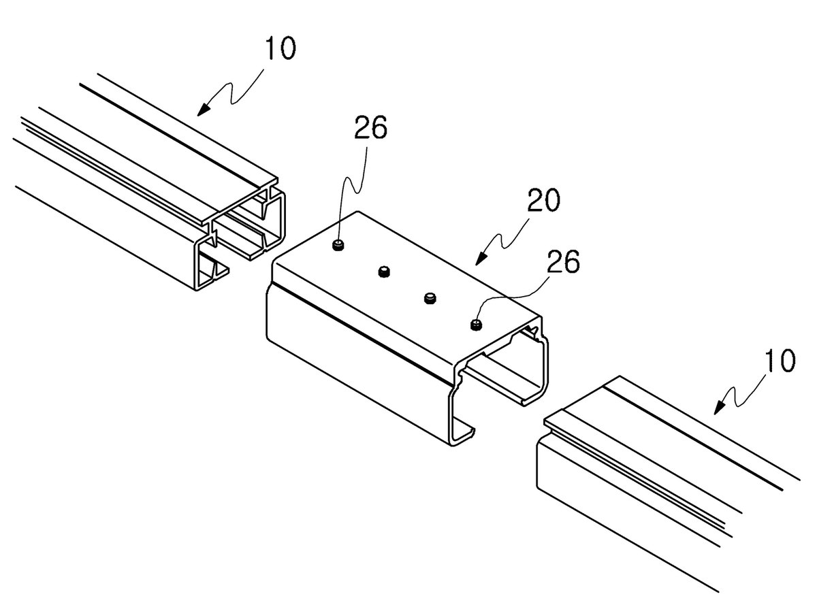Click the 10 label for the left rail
(x=281, y=48)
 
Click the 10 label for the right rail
(x=780, y=361)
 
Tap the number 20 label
(x=544, y=200)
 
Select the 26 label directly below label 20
(x=563, y=261)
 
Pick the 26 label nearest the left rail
(x=370, y=127)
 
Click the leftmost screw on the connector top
(x=338, y=245)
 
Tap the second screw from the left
(x=384, y=272)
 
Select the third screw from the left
(x=430, y=298)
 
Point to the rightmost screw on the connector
(x=476, y=325)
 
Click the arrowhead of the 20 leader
(x=479, y=260)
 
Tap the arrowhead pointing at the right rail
(x=719, y=409)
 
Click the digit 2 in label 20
(x=536, y=200)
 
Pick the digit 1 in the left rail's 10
(x=270, y=48)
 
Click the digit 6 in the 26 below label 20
(x=572, y=261)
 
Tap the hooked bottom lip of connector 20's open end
(x=464, y=436)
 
